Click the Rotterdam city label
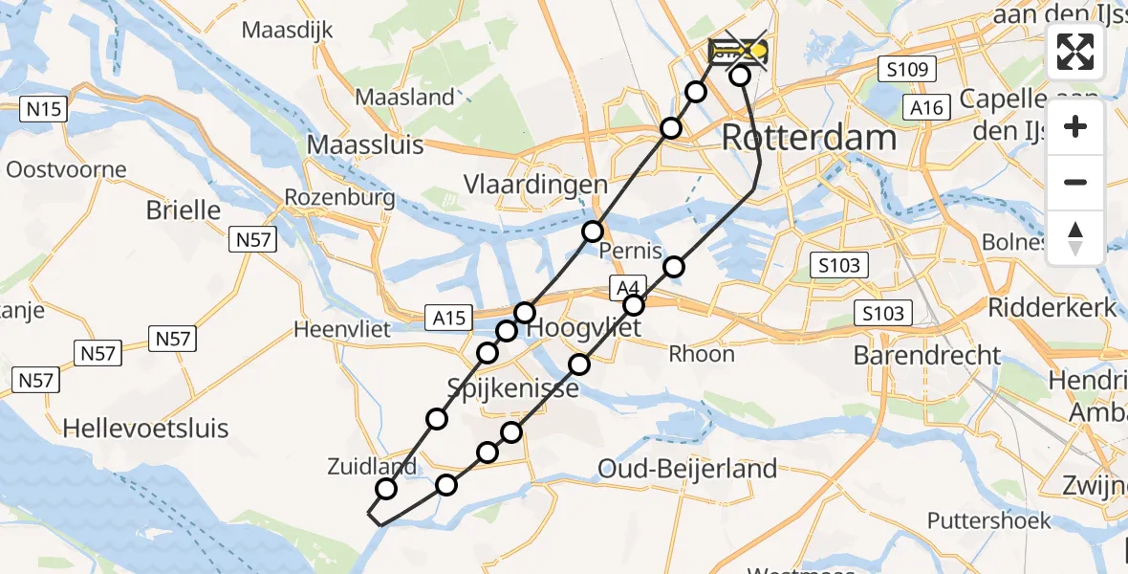tap(809, 137)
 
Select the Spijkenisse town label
tap(513, 388)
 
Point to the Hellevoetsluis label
tap(146, 428)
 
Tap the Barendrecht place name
tap(927, 355)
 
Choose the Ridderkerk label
tap(1052, 307)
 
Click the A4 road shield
tap(626, 286)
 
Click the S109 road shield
tap(907, 68)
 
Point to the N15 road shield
tap(44, 109)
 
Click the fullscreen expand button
tap(1075, 52)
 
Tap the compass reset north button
tap(1075, 237)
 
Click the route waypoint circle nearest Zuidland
tap(386, 489)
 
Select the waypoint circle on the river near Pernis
tap(593, 231)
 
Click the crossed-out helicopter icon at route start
tap(739, 51)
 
